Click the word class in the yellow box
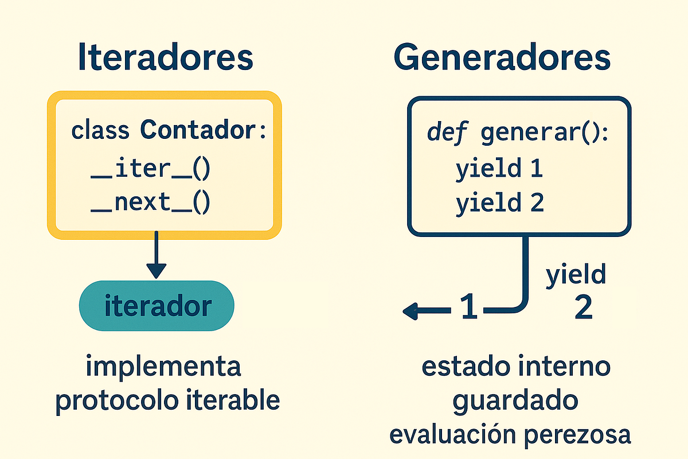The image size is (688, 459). pos(100,131)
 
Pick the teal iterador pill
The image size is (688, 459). pos(157,306)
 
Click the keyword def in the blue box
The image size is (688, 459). pos(444,134)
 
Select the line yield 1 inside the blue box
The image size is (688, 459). pos(499,170)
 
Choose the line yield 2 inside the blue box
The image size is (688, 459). pos(499,204)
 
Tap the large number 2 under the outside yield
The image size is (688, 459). pos(583,309)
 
